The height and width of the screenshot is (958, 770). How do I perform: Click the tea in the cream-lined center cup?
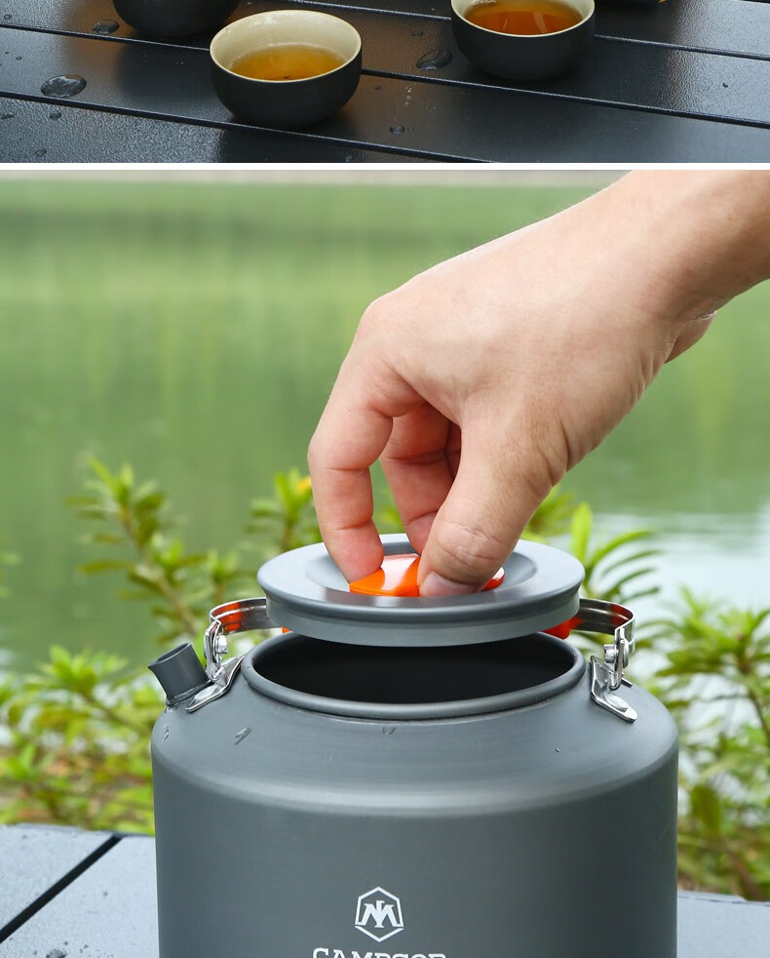pyautogui.click(x=287, y=63)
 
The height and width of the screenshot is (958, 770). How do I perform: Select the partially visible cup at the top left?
pyautogui.click(x=175, y=15)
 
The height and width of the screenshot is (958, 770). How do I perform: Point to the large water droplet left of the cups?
pyautogui.click(x=63, y=86)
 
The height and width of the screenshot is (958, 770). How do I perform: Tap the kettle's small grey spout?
pyautogui.click(x=177, y=672)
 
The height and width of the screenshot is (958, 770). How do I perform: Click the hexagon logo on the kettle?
pyautogui.click(x=378, y=914)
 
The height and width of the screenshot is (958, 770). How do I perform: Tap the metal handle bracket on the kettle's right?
pyautogui.click(x=611, y=673)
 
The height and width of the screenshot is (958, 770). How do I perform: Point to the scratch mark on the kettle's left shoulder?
pyautogui.click(x=242, y=735)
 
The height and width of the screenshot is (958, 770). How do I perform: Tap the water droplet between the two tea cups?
pyautogui.click(x=434, y=60)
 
